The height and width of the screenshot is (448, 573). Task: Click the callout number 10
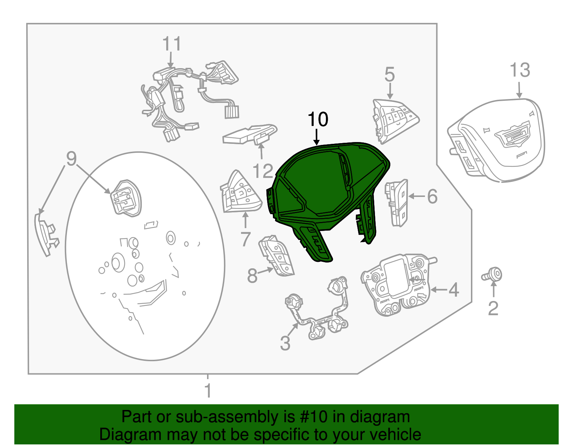click(x=318, y=119)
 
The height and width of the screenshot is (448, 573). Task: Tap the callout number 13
click(x=520, y=70)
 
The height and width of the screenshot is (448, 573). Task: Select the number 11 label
click(x=172, y=43)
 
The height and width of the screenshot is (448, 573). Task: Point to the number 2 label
click(x=493, y=308)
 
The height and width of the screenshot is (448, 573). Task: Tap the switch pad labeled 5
click(x=394, y=121)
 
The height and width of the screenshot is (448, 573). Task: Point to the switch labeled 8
click(x=276, y=255)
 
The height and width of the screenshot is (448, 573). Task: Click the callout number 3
click(x=285, y=343)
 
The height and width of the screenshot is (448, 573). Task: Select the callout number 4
click(x=453, y=289)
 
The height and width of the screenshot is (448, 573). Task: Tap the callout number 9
click(x=71, y=159)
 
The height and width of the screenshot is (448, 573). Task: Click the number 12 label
click(x=263, y=171)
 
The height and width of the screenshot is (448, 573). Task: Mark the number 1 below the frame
click(x=208, y=391)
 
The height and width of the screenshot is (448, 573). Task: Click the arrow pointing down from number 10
click(x=317, y=137)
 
